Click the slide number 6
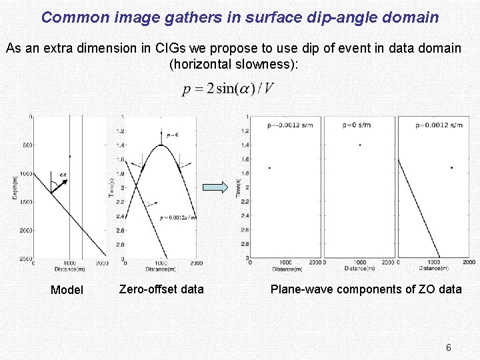pos(449,347)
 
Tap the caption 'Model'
pos(67,290)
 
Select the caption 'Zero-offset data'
pos(161,289)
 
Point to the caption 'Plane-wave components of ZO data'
pos(366,289)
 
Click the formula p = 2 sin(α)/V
pos(227,89)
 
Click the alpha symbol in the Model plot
pos(63,175)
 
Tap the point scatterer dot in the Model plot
pos(70,157)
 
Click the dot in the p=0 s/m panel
pos(360,145)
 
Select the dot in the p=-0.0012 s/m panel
pos(269,168)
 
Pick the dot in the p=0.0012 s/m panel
pos(451,167)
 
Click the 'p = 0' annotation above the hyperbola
pos(172,135)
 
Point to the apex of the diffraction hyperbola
pos(161,145)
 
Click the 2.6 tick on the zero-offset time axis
pos(120,230)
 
